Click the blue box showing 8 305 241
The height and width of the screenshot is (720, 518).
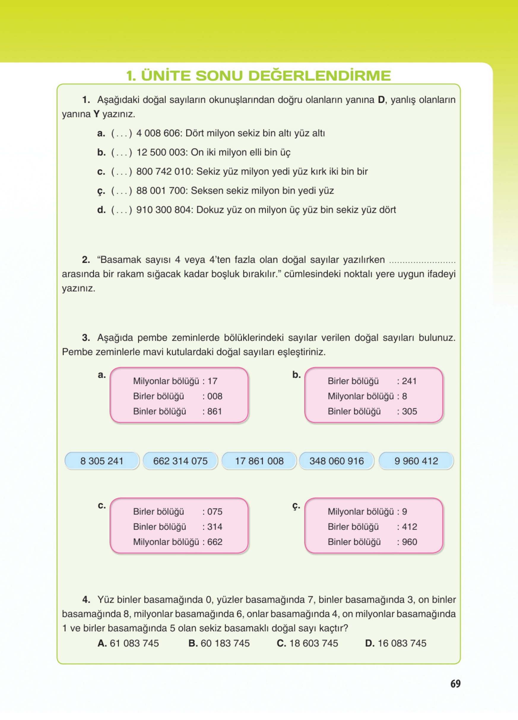[102, 461]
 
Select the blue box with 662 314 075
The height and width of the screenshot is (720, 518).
[180, 461]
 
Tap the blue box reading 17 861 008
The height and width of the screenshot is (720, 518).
[259, 461]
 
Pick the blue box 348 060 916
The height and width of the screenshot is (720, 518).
[337, 461]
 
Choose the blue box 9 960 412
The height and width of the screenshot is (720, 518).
[416, 461]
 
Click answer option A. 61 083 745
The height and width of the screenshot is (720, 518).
[128, 643]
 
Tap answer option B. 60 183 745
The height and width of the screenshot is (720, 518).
[219, 643]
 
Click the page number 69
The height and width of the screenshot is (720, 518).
[455, 683]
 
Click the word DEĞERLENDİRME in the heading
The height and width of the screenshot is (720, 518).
[319, 75]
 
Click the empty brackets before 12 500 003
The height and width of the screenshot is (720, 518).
[121, 153]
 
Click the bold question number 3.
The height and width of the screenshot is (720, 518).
[86, 338]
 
